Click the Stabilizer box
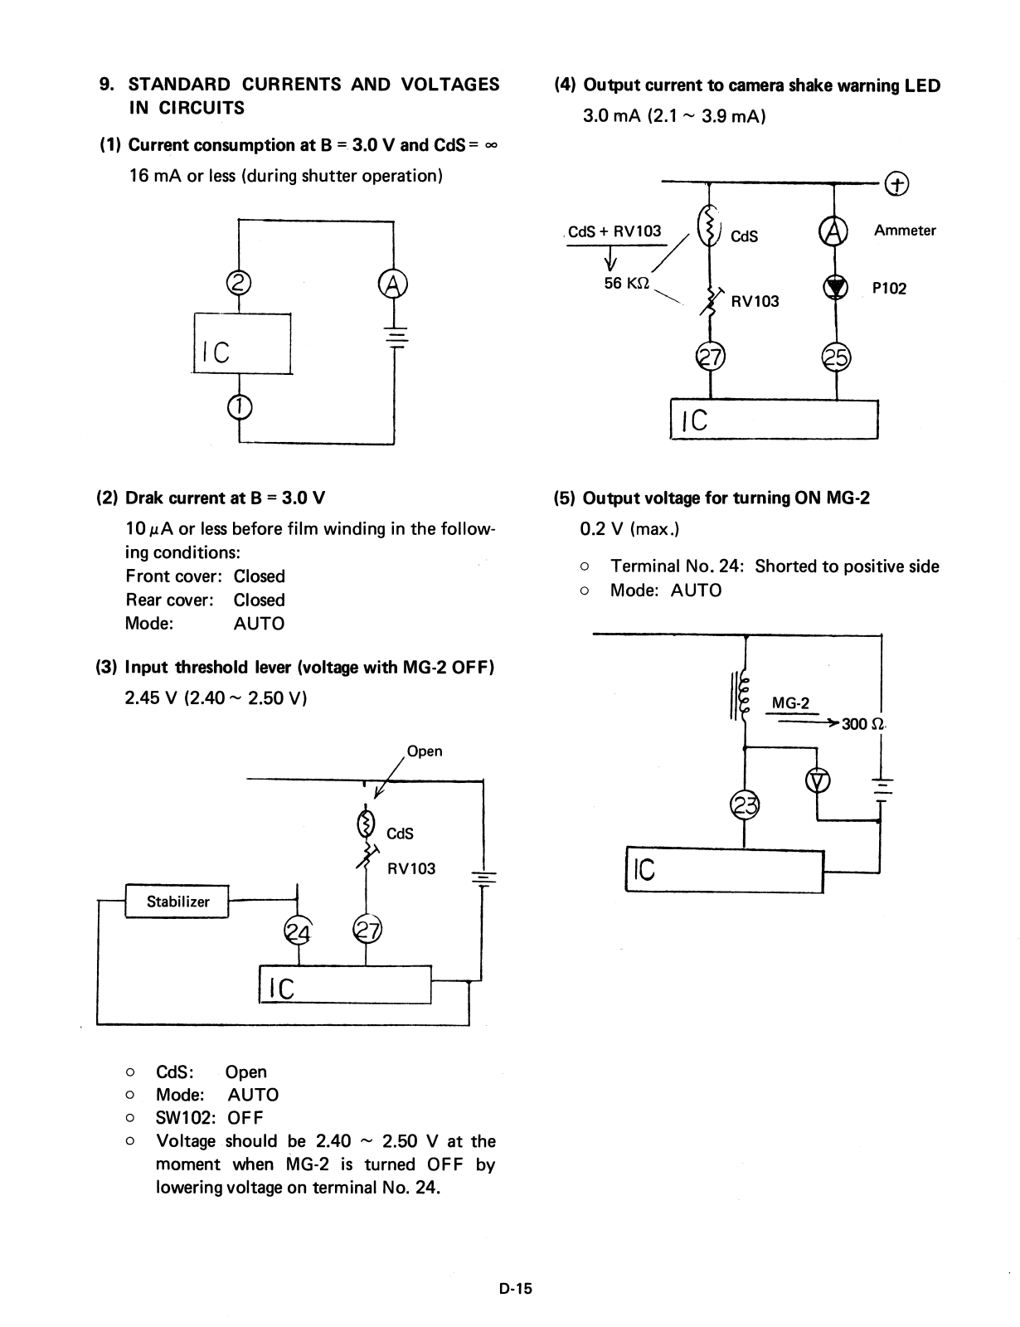pos(177,902)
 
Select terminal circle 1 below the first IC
pos(239,406)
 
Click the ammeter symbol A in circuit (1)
pos(392,284)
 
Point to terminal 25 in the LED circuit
pos(835,357)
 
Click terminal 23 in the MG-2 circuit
pos(744,804)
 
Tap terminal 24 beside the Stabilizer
pos(297,931)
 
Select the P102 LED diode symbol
pos(835,287)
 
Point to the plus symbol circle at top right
pos(896,183)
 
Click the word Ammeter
pos(905,231)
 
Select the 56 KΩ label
pos(626,283)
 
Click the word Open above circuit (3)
pos(425,751)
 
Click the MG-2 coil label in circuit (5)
pos(790,703)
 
